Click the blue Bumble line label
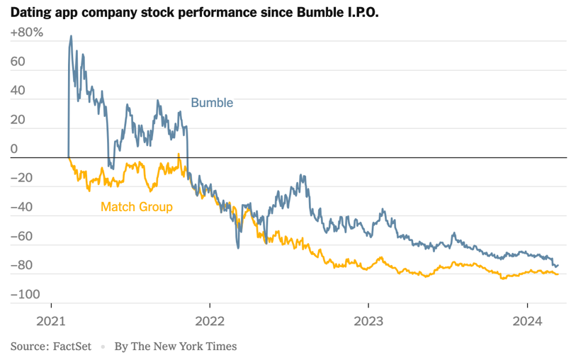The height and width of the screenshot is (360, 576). coord(212,103)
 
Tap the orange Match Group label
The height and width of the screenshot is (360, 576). coord(137,207)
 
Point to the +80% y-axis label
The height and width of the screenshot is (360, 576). coord(27,33)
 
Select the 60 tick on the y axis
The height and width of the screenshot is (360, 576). coord(18,62)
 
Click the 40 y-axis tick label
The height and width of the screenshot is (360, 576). coord(18,91)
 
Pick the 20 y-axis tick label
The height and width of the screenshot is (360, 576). coord(18,120)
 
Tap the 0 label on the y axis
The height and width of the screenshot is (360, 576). coord(14,149)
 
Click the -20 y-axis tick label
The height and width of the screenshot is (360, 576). coord(23,178)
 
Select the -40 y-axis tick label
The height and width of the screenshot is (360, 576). coord(23,207)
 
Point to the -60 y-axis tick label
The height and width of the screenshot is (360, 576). coord(23,236)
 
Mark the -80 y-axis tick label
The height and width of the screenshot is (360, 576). coord(23,265)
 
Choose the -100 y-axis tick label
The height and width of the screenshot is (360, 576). coord(26,294)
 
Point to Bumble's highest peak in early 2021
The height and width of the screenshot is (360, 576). coord(71,36)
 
